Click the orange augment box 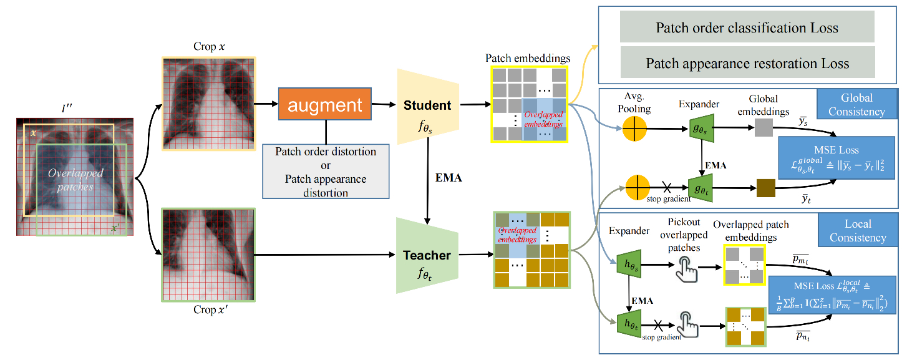[324, 105]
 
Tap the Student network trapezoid [427, 105]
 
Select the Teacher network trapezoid [427, 255]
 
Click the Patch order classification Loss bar [747, 27]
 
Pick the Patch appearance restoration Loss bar [747, 63]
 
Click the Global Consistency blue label [856, 104]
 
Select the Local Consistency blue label [857, 230]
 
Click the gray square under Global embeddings [764, 128]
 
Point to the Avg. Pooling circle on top [634, 132]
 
